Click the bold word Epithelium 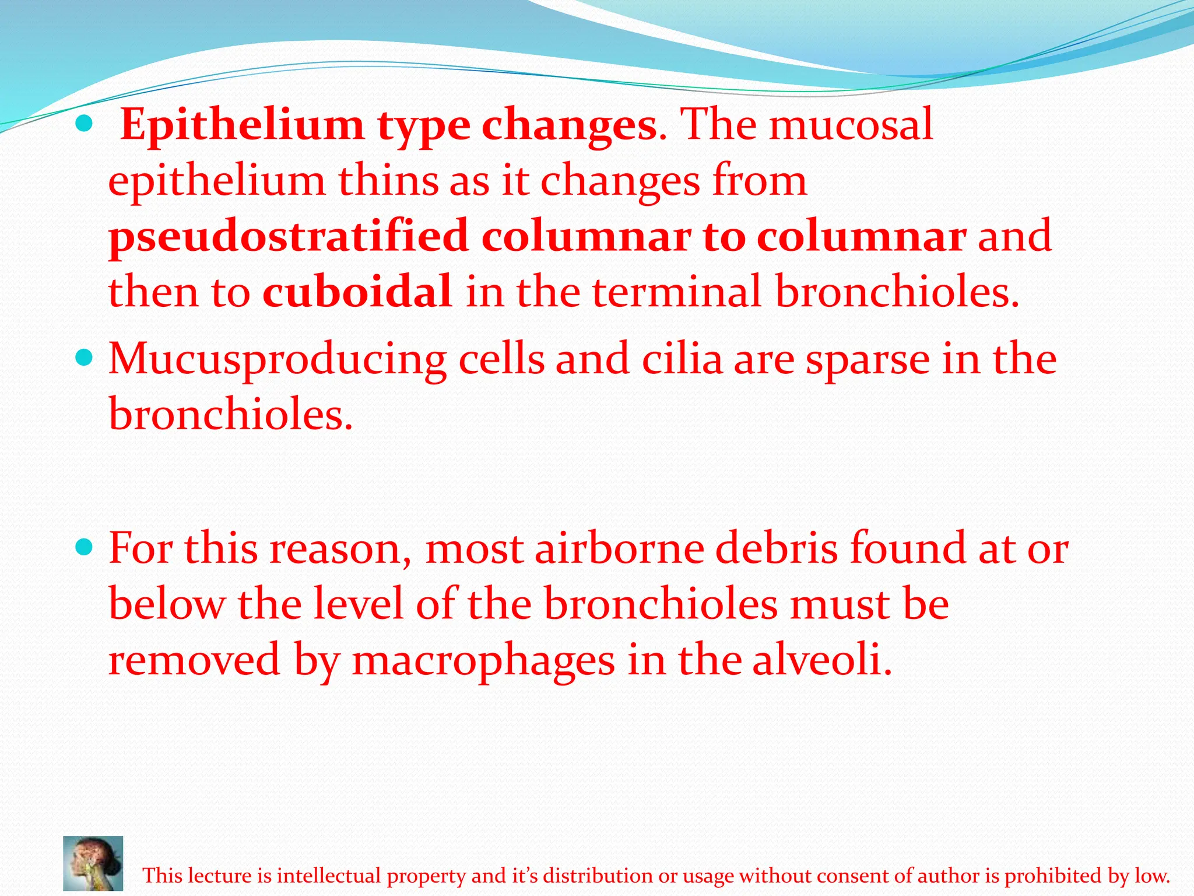coord(241,125)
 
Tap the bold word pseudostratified coord(289,236)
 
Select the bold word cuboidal coord(357,291)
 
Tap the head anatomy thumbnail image coord(93,863)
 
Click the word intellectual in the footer coord(329,876)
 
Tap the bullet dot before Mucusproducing coord(85,357)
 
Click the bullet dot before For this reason coord(85,547)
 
